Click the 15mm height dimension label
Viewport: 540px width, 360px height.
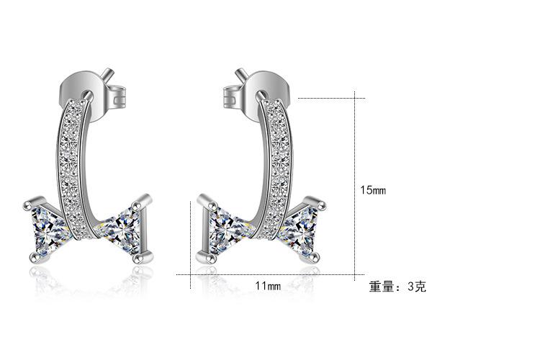(373, 190)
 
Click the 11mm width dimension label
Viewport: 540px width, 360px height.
(268, 286)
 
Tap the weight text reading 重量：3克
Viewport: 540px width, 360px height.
(397, 287)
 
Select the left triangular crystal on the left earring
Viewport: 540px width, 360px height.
(48, 228)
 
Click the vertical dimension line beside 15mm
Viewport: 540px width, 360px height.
(355, 187)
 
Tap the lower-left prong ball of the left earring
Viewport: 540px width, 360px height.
(32, 258)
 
